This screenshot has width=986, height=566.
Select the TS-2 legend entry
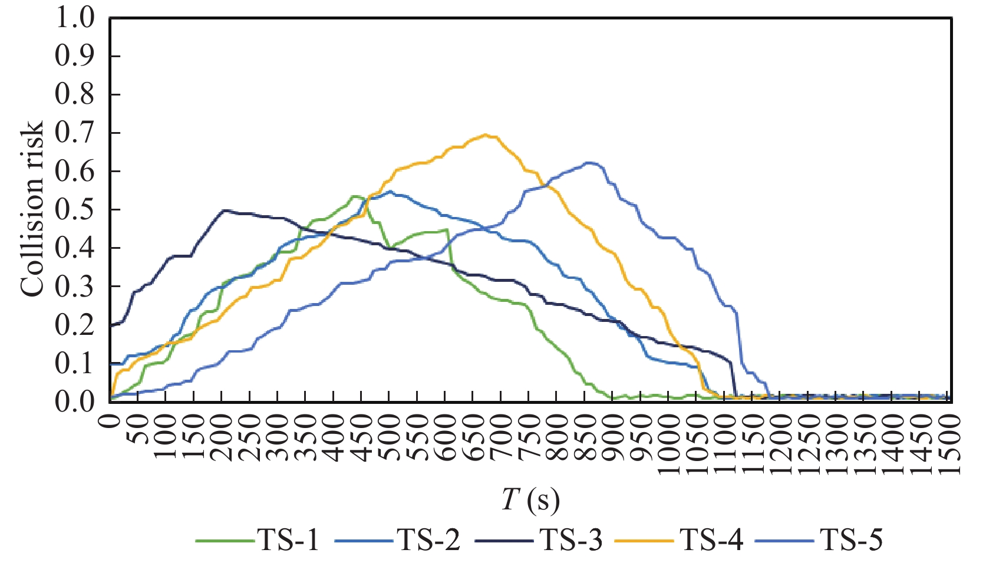coord(398,539)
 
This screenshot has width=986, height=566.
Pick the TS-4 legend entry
coord(681,539)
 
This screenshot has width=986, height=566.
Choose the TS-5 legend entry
coord(822,539)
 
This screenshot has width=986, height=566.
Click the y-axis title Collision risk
coord(32,209)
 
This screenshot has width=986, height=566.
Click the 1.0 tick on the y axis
coord(75,18)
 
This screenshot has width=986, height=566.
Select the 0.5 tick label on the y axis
coord(75,210)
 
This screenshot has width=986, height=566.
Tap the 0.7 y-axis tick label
coord(75,133)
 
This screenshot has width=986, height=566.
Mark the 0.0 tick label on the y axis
coord(75,402)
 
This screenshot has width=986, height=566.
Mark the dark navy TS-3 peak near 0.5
coord(225,210)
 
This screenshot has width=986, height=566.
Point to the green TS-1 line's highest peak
coord(355,196)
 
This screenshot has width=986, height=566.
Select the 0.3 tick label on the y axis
coord(75,287)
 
